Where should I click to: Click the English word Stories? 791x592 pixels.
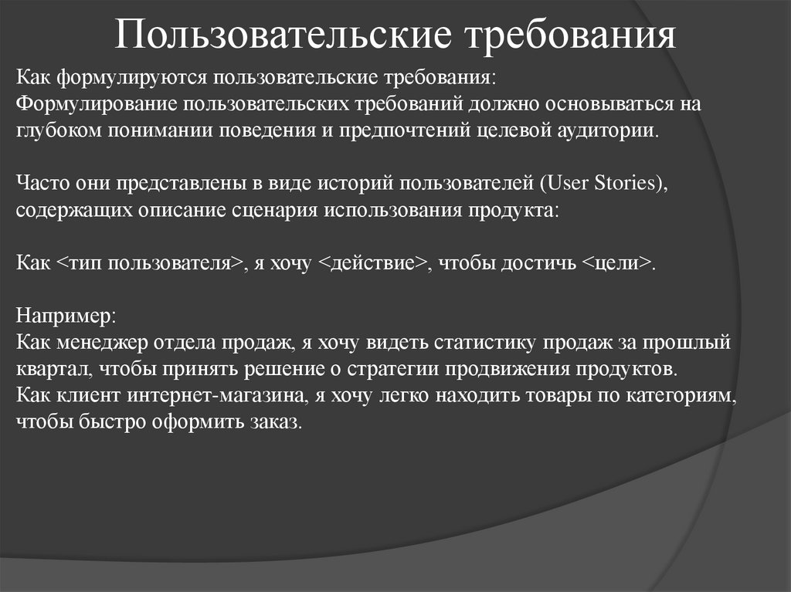(x=623, y=183)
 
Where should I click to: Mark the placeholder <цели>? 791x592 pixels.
(x=616, y=262)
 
